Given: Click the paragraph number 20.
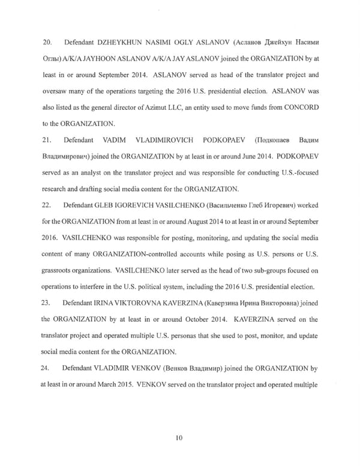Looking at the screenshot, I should pos(45,43).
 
